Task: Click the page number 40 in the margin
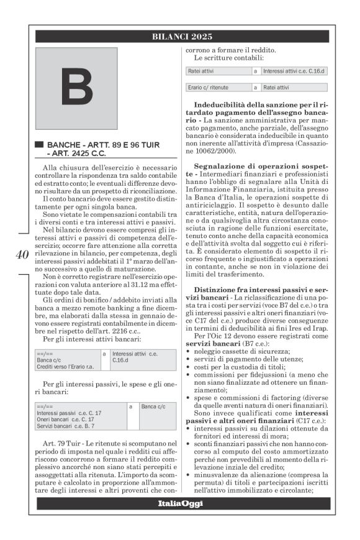pyautogui.click(x=20, y=254)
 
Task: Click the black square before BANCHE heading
pyautogui.click(x=40, y=144)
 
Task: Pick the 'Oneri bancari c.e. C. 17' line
pyautogui.click(x=68, y=419)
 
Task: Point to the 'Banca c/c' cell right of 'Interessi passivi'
pyautogui.click(x=155, y=406)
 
